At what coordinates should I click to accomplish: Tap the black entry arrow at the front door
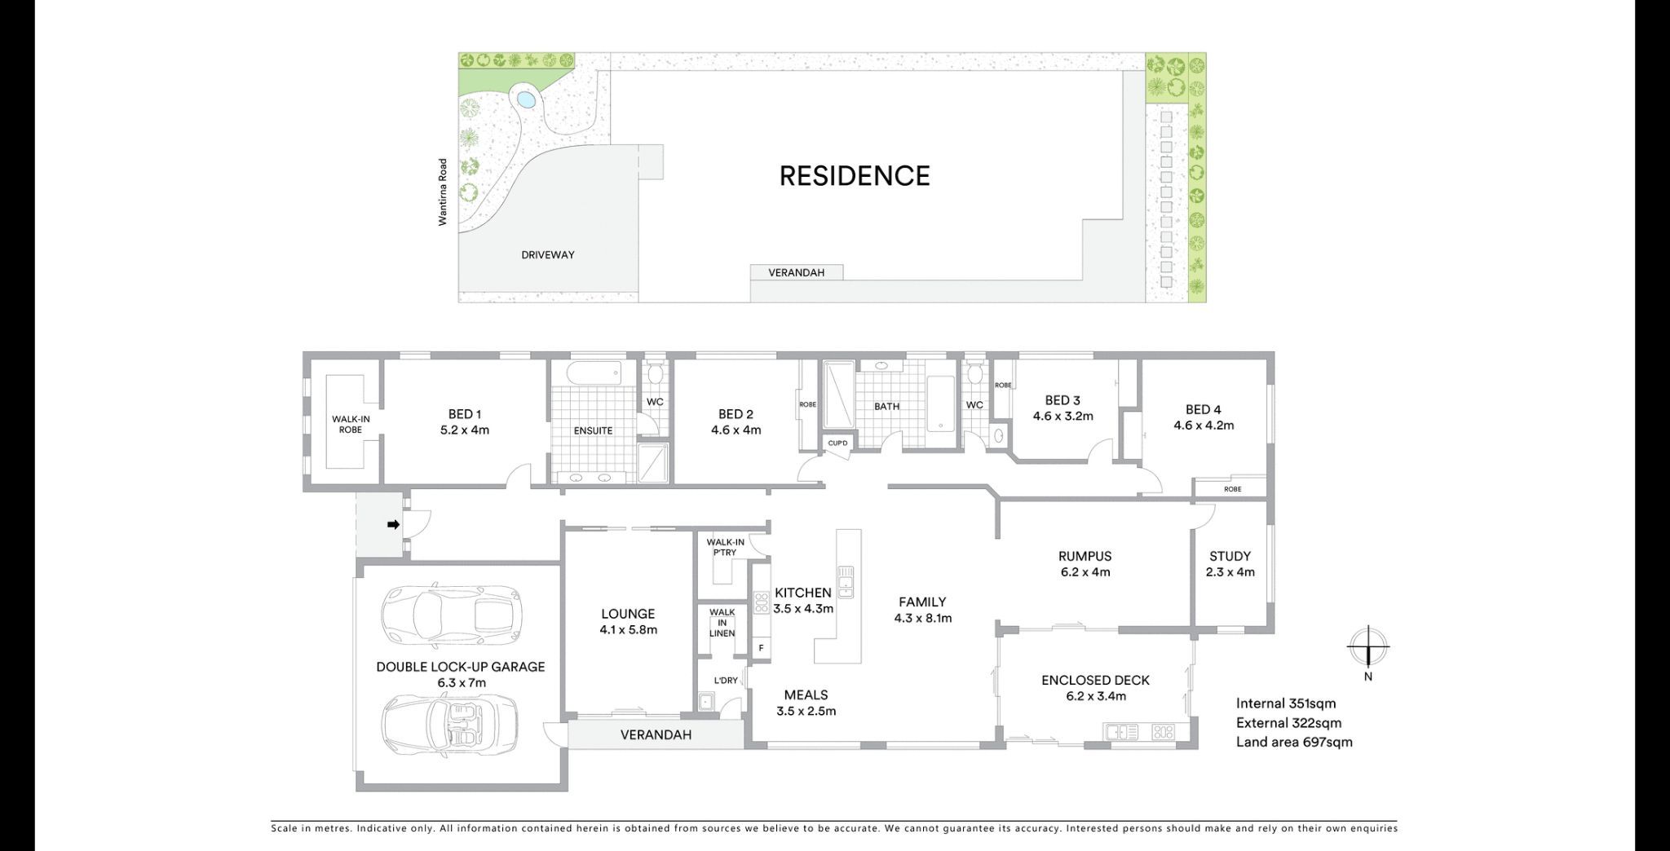pos(393,525)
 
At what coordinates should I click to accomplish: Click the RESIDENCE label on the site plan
pos(854,176)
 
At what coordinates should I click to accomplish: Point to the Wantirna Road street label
pos(443,192)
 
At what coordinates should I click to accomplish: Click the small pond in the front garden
pos(526,101)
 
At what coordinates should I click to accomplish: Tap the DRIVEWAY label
pos(548,255)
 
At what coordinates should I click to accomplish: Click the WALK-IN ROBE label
pos(351,424)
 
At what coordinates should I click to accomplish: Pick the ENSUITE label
pos(593,430)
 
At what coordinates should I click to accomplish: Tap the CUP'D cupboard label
pos(837,443)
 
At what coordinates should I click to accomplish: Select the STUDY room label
pos(1230,556)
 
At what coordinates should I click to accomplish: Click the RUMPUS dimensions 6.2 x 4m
pos(1085,572)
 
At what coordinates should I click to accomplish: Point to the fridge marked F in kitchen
pos(761,648)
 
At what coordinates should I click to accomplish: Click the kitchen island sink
pos(846,581)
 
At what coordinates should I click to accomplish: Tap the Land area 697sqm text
pos(1294,742)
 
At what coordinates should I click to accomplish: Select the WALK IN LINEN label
pos(722,622)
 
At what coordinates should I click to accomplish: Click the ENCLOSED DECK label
pos(1095,680)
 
